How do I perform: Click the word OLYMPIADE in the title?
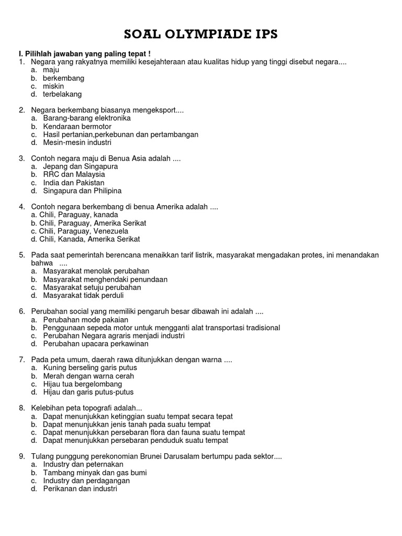pyautogui.click(x=199, y=35)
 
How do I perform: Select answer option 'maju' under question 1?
pyautogui.click(x=51, y=70)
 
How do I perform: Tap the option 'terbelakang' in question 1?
pyautogui.click(x=62, y=94)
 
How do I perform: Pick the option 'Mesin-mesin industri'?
pyautogui.click(x=77, y=142)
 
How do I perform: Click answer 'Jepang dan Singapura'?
pyautogui.click(x=80, y=166)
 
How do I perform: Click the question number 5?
pyautogui.click(x=22, y=255)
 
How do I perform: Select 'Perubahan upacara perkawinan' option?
pyautogui.click(x=96, y=344)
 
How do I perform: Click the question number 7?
pyautogui.click(x=22, y=360)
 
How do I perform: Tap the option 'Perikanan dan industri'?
pyautogui.click(x=80, y=488)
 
